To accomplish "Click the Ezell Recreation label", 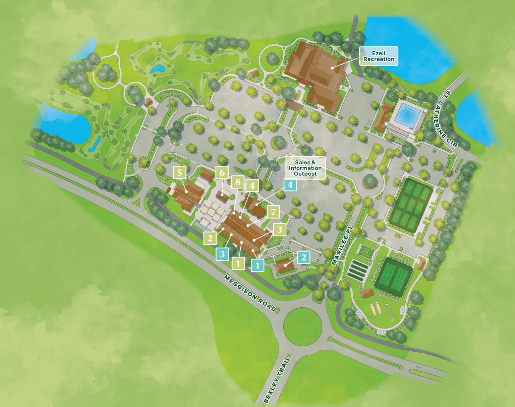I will click(379, 56).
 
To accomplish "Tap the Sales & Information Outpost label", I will click(305, 168).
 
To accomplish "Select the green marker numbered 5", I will click(180, 173).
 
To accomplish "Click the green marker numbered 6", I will click(222, 173).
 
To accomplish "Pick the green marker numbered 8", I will click(238, 182).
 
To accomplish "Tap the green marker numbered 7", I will click(274, 212).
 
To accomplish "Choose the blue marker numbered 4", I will click(290, 185).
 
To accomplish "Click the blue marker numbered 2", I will click(303, 257).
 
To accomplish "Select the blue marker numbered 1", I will click(257, 265).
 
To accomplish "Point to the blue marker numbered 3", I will click(222, 254).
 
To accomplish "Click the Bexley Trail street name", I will click(277, 379).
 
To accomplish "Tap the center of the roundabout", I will click(302, 325).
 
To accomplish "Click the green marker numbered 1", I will click(238, 263).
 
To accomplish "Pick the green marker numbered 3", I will click(280, 230).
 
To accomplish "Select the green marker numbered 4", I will click(252, 186).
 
